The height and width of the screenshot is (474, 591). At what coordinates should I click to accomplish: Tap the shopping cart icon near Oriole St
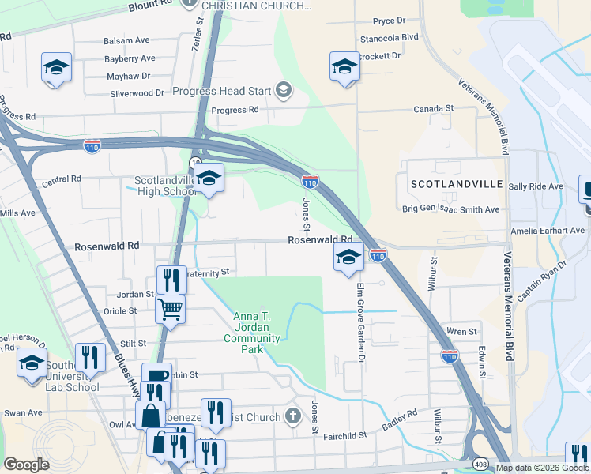click(x=171, y=308)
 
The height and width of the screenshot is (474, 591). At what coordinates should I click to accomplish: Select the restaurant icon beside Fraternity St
click(x=171, y=278)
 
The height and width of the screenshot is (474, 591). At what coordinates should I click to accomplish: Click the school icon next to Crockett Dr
click(x=344, y=66)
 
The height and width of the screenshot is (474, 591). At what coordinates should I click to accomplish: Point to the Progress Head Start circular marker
click(x=282, y=92)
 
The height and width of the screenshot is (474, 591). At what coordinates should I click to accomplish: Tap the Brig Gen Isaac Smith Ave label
click(x=451, y=209)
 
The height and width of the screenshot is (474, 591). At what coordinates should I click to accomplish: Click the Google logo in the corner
click(x=27, y=464)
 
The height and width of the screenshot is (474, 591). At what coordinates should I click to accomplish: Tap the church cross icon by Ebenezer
click(x=292, y=416)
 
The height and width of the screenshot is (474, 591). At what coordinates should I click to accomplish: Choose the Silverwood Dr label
click(x=137, y=92)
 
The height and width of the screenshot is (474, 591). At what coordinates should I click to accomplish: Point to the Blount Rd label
click(x=150, y=7)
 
